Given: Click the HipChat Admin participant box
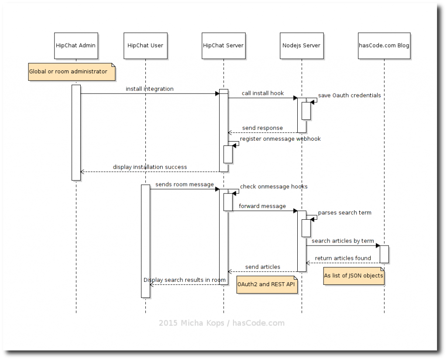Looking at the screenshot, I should (76, 45).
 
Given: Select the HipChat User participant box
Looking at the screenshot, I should (145, 45).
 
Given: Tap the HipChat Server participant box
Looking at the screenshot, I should (223, 45).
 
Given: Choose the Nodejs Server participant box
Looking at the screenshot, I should (301, 45).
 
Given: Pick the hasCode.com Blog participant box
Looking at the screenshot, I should (384, 45).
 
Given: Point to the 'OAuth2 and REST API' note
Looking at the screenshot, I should (267, 284).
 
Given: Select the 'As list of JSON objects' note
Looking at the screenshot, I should (354, 276).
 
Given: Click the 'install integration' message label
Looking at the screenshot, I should (149, 89).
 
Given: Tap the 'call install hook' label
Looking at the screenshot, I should (263, 93).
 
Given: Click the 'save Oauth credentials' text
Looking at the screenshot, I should (349, 96).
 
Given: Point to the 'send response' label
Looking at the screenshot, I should (262, 128).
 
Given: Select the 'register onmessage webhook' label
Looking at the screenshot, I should (280, 139).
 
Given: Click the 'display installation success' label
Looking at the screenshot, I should (150, 167).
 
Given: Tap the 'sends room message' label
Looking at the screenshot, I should (184, 184).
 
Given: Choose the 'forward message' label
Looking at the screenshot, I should (262, 206).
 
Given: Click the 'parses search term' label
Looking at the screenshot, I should (344, 213).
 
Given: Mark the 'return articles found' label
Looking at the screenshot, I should (343, 258).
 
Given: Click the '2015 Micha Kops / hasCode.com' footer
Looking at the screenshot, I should (221, 323).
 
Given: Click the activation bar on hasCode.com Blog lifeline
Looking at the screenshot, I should (384, 254).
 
